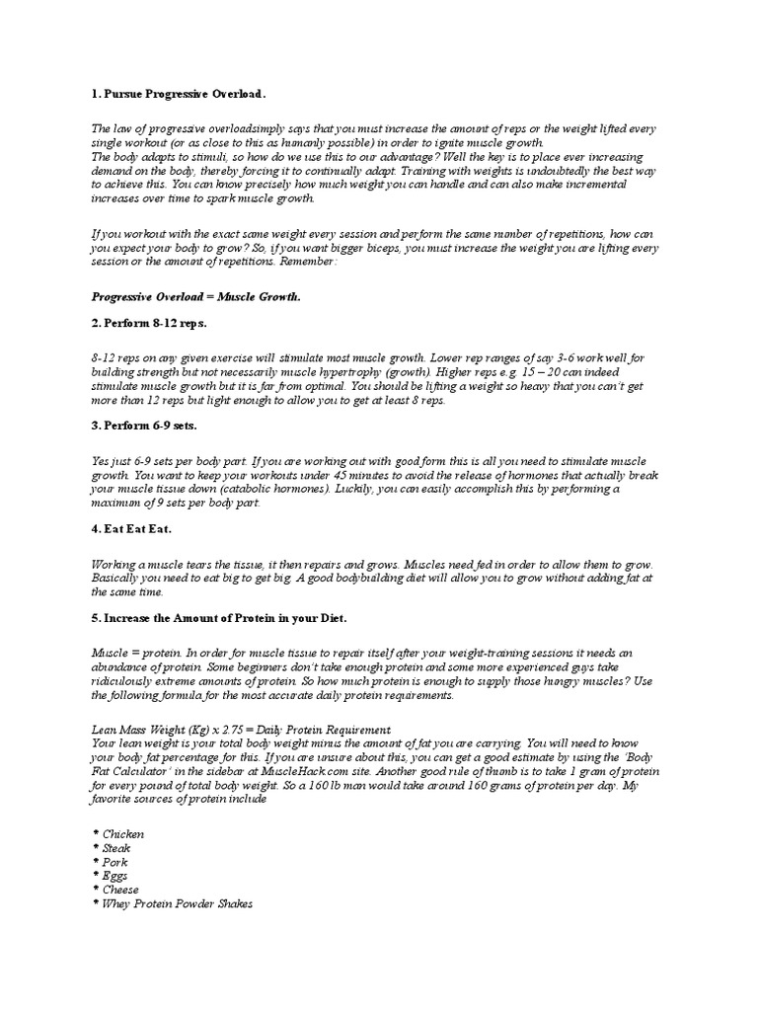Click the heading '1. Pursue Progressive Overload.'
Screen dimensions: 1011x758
click(x=179, y=94)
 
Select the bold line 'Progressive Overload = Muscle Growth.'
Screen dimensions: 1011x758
click(x=196, y=296)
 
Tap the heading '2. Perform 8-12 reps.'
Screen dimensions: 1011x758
click(x=149, y=324)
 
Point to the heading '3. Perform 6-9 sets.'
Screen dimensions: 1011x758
click(x=144, y=426)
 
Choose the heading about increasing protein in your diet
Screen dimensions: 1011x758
click(x=219, y=617)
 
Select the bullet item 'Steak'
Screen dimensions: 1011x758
click(x=115, y=848)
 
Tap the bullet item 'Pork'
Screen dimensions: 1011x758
click(x=114, y=862)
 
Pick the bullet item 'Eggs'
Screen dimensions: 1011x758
click(x=114, y=876)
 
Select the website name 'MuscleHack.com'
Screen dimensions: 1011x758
click(x=346, y=771)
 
